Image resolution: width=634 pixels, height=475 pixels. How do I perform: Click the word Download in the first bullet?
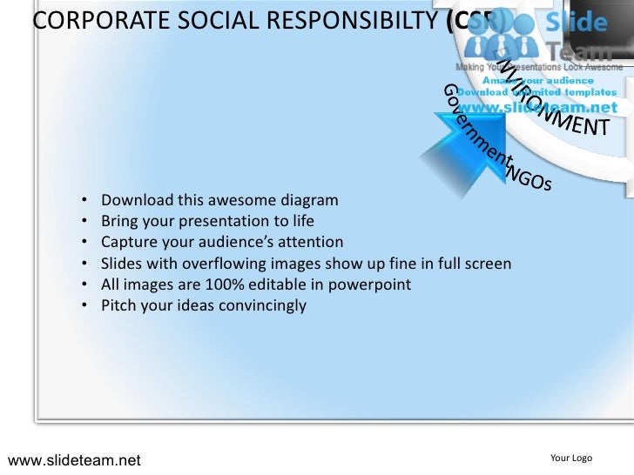point(134,200)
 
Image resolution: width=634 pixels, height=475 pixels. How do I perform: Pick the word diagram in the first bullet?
point(310,200)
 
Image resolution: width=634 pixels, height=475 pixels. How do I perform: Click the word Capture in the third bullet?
point(128,242)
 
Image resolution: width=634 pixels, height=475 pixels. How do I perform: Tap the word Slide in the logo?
point(576,23)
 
